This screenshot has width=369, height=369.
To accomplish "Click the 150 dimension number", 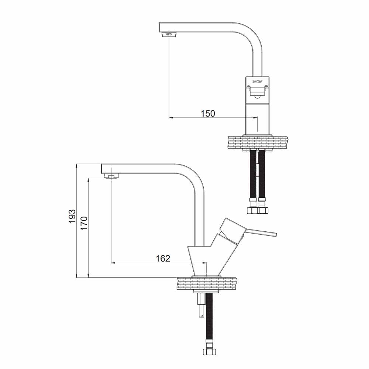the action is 208,113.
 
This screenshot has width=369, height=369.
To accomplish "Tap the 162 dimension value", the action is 163,258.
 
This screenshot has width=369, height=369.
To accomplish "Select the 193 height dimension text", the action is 72,216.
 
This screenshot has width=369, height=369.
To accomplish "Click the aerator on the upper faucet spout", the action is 169,34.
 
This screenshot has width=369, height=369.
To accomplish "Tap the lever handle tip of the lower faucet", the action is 275,234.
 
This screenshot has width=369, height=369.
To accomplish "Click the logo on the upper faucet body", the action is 257,81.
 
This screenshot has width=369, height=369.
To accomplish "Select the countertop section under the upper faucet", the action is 258,142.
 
